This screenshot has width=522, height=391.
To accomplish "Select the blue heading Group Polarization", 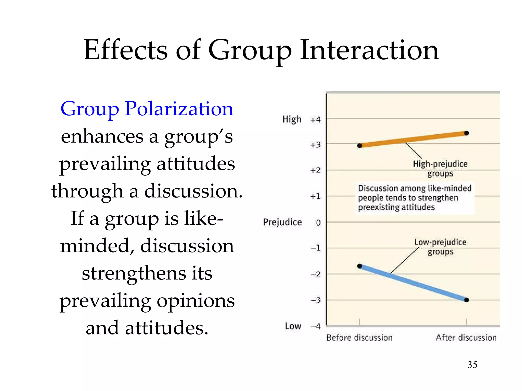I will click(x=147, y=109).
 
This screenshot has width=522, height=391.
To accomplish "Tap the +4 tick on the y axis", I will click(x=315, y=119).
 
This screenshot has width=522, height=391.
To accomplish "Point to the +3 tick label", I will click(x=315, y=145).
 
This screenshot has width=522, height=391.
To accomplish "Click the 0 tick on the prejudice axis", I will click(x=318, y=223).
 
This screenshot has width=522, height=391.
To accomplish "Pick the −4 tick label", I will click(x=316, y=326).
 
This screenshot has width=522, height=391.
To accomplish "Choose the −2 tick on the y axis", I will click(x=316, y=274).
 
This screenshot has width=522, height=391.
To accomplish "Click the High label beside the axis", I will click(x=292, y=119).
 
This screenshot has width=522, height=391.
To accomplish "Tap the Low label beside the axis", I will click(x=293, y=326).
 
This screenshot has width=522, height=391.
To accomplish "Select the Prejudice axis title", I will click(x=282, y=222).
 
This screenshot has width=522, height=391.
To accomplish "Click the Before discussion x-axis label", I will click(x=359, y=338).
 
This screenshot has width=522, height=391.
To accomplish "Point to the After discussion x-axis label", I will click(x=466, y=338).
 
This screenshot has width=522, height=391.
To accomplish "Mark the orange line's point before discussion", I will click(x=360, y=146).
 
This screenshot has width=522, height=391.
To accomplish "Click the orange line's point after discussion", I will click(x=466, y=133).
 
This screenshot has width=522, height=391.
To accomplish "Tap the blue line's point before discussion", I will click(x=360, y=266).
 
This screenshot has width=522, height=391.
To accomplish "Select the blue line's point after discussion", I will click(x=466, y=300).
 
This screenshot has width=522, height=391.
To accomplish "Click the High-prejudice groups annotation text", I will click(x=440, y=169).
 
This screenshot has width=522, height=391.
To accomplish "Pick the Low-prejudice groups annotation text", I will click(x=440, y=247).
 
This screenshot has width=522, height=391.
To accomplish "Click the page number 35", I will click(x=472, y=365).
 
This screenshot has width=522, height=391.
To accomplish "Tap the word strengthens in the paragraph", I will click(x=134, y=273).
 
